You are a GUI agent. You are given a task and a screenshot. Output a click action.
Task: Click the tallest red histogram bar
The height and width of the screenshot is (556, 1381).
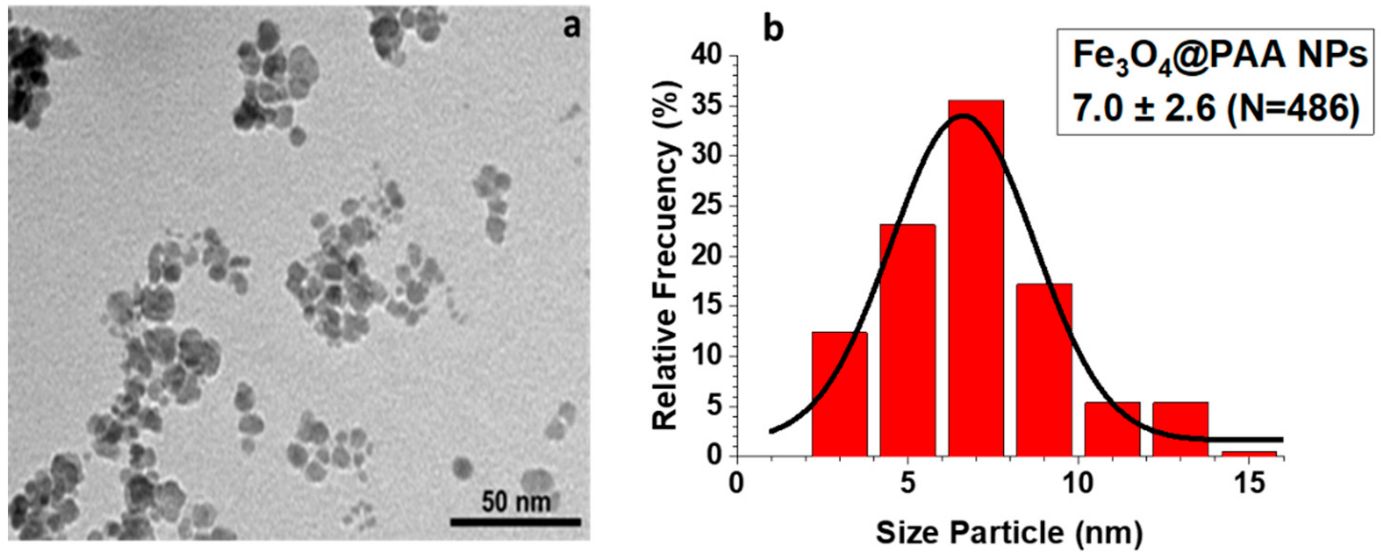coord(976,279)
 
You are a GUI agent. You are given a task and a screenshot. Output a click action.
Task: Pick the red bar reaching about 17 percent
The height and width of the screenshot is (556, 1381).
coord(1044,370)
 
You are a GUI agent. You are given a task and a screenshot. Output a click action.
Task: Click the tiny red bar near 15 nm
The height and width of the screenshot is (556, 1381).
coord(1249,453)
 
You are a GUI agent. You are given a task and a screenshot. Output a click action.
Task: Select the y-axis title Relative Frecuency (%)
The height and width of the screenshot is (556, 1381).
coord(666,256)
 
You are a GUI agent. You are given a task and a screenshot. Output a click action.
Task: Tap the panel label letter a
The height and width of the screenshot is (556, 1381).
coord(572,27)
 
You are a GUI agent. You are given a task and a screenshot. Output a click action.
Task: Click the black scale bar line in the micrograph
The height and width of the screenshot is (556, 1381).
coord(515,521)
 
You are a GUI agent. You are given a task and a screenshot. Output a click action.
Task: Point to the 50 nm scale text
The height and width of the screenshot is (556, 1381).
coord(515,502)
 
